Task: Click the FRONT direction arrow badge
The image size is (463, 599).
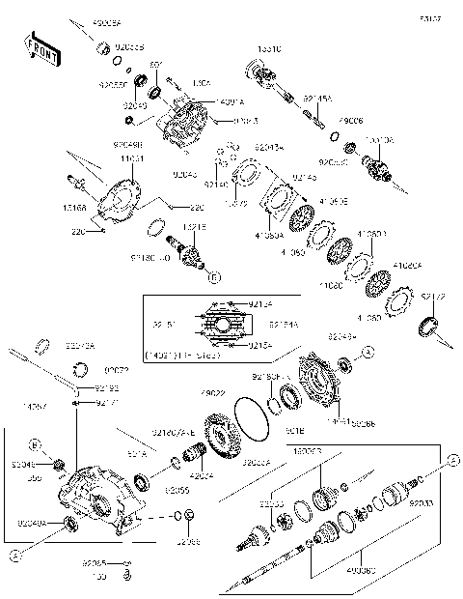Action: (40, 49)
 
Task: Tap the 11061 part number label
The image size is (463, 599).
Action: (132, 157)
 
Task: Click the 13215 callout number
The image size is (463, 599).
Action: (194, 226)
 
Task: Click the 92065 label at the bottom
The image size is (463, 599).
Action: (94, 561)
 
